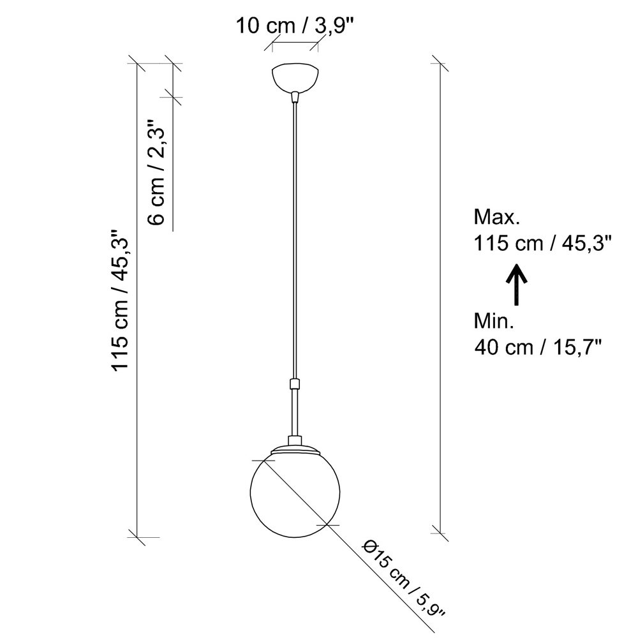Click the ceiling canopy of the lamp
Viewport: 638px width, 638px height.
click(295, 77)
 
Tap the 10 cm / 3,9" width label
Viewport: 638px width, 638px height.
click(295, 26)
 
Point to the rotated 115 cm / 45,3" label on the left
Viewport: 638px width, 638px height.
click(120, 299)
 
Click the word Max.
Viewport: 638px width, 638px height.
click(497, 218)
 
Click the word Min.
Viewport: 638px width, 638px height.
click(494, 322)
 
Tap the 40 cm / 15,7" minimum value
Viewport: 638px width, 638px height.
click(538, 348)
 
